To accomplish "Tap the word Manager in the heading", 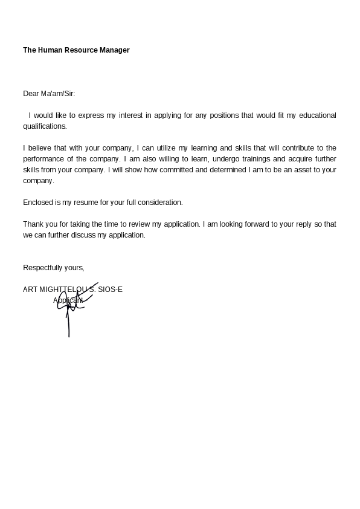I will point(114,50).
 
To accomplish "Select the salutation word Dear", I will point(31,94).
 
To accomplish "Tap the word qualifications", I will point(44,126).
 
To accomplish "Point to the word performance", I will point(43,159).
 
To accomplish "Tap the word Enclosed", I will point(37,203).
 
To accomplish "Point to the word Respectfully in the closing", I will point(42,268).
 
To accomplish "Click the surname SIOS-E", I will point(110,290).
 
